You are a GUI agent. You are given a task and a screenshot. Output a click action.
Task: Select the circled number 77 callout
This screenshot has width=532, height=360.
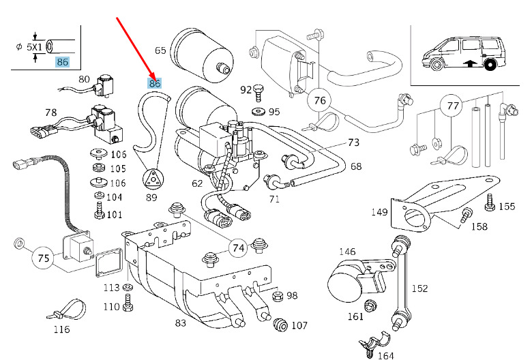coord(449,107)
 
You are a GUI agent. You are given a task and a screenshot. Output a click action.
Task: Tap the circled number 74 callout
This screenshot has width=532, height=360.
coord(238,248)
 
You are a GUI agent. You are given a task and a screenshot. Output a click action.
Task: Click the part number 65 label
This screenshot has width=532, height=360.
coord(160,50)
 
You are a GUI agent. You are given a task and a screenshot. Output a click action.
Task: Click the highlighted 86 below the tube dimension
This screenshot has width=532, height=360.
coord(63,62)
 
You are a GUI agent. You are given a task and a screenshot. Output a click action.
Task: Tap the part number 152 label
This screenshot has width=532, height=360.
coord(419,288)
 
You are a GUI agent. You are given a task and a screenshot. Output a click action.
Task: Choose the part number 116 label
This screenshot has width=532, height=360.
coord(61,330)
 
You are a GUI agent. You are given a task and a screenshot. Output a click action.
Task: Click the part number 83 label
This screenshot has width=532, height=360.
coord(180,322)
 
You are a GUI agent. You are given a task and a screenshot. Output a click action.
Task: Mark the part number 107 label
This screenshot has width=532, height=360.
coord(299,325)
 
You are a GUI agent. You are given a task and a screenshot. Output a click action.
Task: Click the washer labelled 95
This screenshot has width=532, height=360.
coord(259,111)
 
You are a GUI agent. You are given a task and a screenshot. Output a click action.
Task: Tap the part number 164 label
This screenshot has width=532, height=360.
coord(385,355)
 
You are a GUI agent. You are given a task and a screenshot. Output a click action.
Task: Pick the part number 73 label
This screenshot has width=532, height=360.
coord(353,143)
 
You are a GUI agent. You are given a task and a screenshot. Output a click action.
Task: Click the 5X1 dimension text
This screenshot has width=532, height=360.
coord(33,47)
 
